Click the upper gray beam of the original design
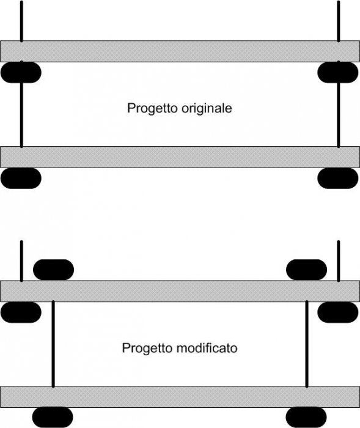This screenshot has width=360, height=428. point(180,51)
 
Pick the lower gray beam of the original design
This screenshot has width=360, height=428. point(180,157)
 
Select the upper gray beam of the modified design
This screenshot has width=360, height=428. point(180,291)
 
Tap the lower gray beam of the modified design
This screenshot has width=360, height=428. point(180,397)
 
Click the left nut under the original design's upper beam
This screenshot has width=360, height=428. point(21,72)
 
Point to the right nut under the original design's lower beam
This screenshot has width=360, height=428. point(338,179)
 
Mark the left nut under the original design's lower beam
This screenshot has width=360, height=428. point(21,179)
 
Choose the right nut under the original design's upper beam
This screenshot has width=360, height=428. point(338,72)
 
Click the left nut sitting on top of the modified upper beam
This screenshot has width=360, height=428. point(54,270)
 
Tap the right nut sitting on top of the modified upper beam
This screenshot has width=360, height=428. point(306,270)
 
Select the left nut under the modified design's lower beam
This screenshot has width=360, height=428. point(53,418)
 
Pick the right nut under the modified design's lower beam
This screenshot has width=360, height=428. point(306,418)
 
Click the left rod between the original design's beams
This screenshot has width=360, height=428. point(21,115)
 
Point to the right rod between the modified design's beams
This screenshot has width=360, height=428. point(307,344)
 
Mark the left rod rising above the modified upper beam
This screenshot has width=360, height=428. point(21,261)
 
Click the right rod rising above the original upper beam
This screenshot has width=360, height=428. point(339,21)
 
